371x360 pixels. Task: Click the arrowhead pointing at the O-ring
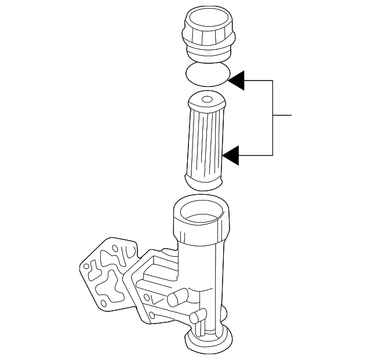point(238,81)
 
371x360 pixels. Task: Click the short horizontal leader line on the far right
point(282,116)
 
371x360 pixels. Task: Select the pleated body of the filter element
point(206,142)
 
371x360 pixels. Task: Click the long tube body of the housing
point(203,278)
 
